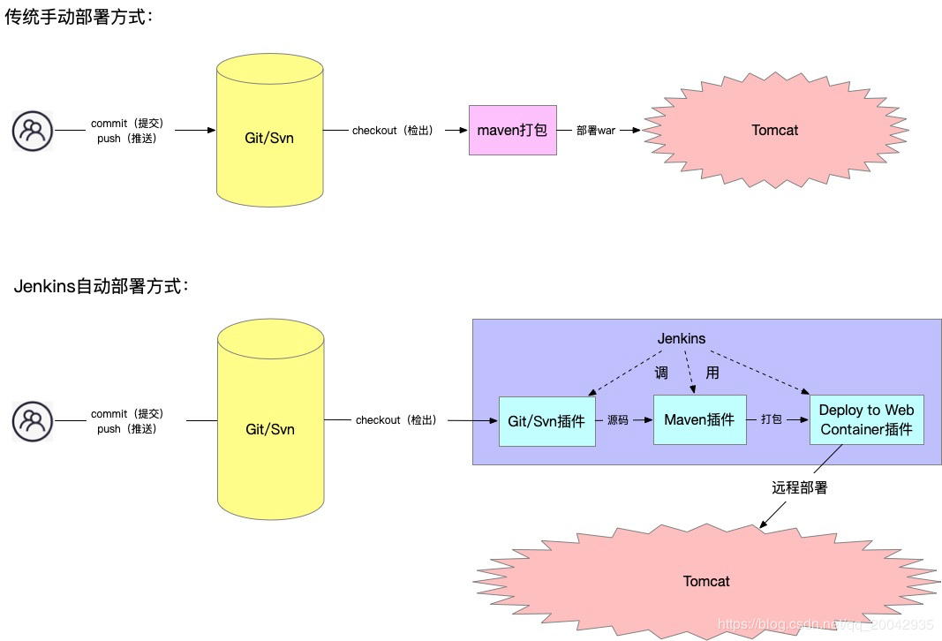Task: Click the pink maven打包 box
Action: (512, 130)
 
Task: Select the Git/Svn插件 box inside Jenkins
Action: (546, 421)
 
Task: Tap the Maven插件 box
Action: (699, 419)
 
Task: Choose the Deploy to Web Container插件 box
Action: (866, 419)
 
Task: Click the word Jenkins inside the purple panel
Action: (682, 338)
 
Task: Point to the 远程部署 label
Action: (800, 487)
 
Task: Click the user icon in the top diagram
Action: (33, 131)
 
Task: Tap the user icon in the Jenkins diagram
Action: (33, 421)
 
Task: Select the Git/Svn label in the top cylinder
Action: (269, 138)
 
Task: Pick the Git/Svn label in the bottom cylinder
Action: (270, 429)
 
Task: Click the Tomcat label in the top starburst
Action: (774, 130)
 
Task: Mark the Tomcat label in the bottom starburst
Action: (706, 581)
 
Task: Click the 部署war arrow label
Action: (596, 131)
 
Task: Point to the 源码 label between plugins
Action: (618, 420)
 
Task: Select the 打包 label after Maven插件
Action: (772, 419)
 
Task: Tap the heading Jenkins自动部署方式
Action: (102, 286)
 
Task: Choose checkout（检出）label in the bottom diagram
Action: (396, 420)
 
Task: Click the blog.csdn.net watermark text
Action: (825, 624)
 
